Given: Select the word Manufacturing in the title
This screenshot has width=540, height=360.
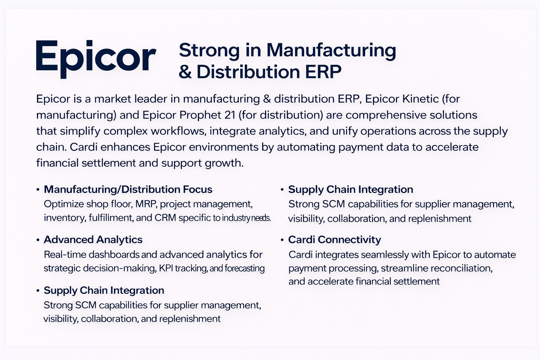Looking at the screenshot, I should point(331,50).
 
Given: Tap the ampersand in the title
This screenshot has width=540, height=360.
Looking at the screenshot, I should point(185,72).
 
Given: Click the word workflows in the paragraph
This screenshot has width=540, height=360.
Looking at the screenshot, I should point(178,131).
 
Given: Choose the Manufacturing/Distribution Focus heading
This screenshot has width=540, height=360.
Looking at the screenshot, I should point(128,189).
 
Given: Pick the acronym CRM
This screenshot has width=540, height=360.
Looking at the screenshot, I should point(165,218).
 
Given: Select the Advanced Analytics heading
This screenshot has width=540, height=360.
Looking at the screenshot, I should point(93,240).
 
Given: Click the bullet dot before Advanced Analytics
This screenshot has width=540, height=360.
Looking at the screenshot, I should point(38,240).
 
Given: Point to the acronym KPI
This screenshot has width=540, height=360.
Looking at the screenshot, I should point(166,269).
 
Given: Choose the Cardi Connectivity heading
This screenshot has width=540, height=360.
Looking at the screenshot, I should point(334,240).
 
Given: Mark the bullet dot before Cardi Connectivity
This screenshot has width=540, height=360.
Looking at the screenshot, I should point(282,240).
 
